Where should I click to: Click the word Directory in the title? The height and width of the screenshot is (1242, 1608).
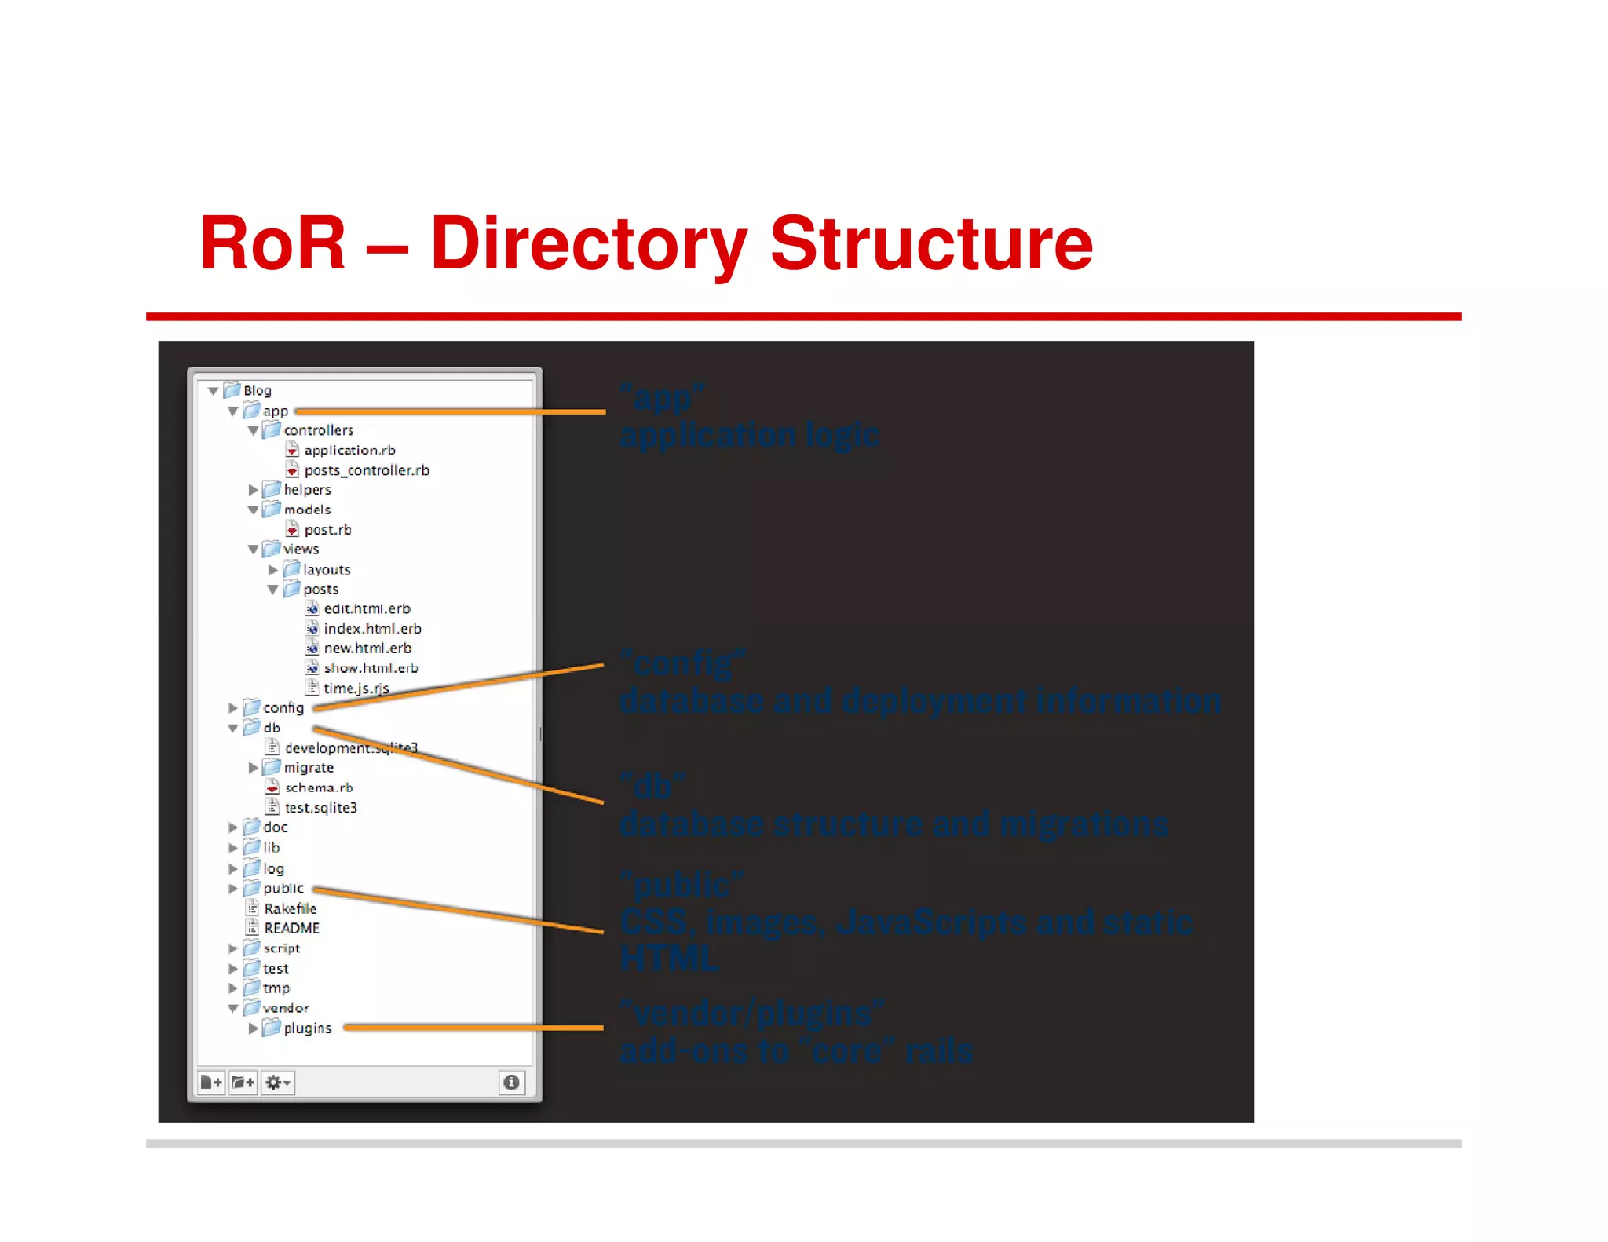point(588,244)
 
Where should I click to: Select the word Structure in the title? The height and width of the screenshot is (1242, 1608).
point(931,244)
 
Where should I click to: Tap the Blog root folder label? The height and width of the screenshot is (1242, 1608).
point(257,390)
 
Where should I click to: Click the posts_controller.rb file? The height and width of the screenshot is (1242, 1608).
point(366,470)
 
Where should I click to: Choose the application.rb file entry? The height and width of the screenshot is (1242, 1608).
point(349,450)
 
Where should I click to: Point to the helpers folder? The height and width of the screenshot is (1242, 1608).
point(306,489)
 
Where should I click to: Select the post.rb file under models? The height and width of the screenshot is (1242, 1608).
point(327,530)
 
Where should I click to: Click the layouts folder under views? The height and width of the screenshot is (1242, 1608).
point(326,569)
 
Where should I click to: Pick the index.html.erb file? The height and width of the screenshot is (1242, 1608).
point(372,629)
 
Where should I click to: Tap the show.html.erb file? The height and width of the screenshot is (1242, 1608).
point(371,668)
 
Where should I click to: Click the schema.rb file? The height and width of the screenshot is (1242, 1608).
point(318,787)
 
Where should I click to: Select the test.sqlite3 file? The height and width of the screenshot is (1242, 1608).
point(320,807)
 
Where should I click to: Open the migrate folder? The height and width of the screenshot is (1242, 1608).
point(308,767)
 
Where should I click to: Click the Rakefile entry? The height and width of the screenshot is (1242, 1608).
point(290,908)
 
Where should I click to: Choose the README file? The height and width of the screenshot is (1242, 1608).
point(291,928)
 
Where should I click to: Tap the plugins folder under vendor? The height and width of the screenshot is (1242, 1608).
point(306,1028)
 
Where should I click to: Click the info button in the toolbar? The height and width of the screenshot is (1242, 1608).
point(511,1083)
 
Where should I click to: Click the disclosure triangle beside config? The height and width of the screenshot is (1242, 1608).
point(232,708)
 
